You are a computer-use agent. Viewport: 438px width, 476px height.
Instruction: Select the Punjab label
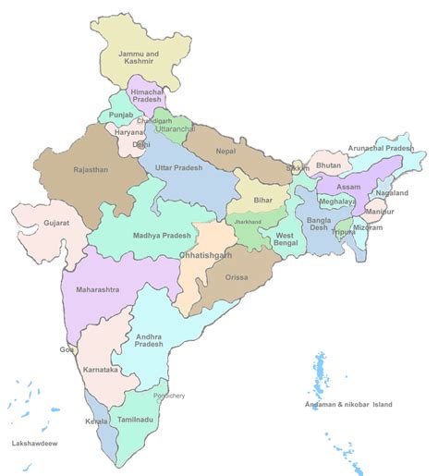coord(121,116)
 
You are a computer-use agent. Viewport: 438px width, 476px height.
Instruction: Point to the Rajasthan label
coord(91,170)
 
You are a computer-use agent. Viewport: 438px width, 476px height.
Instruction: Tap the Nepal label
coord(225,151)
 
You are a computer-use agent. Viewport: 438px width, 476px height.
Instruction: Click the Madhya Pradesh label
coord(162,236)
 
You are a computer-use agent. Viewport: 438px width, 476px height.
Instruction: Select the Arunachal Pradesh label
coord(381,148)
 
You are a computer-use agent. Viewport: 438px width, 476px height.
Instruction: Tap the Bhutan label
coord(328,165)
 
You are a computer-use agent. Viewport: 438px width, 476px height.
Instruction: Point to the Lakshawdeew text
coord(34,444)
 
